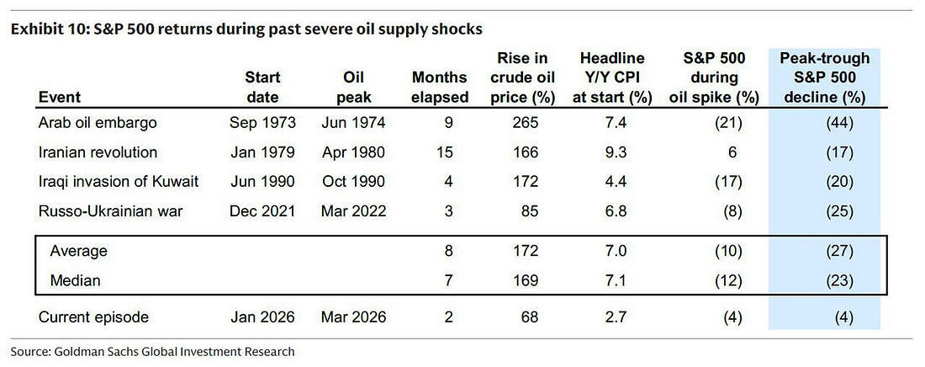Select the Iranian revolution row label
pyautogui.click(x=98, y=152)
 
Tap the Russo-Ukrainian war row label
pyautogui.click(x=111, y=211)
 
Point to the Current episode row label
pyautogui.click(x=94, y=317)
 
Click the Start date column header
pyautogui.click(x=262, y=87)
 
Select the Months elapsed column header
pyautogui.click(x=440, y=87)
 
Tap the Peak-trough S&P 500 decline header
pyautogui.click(x=824, y=77)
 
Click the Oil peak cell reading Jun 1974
pyautogui.click(x=354, y=123)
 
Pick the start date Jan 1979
pyautogui.click(x=262, y=152)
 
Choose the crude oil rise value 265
pyautogui.click(x=526, y=123)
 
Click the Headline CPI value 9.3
pyautogui.click(x=612, y=152)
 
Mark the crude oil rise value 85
pyautogui.click(x=531, y=211)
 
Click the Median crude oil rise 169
pyautogui.click(x=526, y=280)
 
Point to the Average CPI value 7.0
pyautogui.click(x=612, y=251)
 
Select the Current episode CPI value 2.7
pyautogui.click(x=612, y=317)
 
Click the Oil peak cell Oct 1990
pyautogui.click(x=354, y=182)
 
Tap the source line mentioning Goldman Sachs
pyautogui.click(x=152, y=352)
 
